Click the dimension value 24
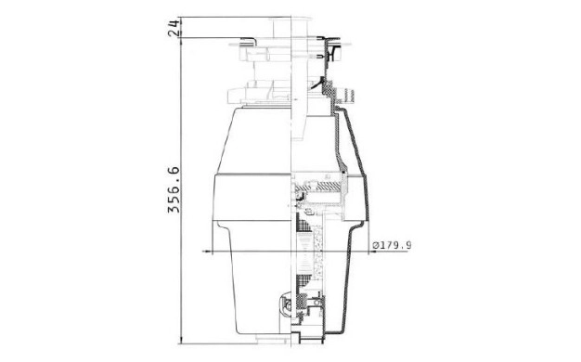(x=174, y=28)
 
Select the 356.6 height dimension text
(x=174, y=189)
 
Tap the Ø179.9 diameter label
(x=392, y=245)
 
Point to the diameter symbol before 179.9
(x=375, y=245)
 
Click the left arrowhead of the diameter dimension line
(x=209, y=252)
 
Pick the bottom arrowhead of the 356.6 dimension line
(x=181, y=341)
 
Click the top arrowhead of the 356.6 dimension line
(x=181, y=42)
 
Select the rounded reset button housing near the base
(x=285, y=304)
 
